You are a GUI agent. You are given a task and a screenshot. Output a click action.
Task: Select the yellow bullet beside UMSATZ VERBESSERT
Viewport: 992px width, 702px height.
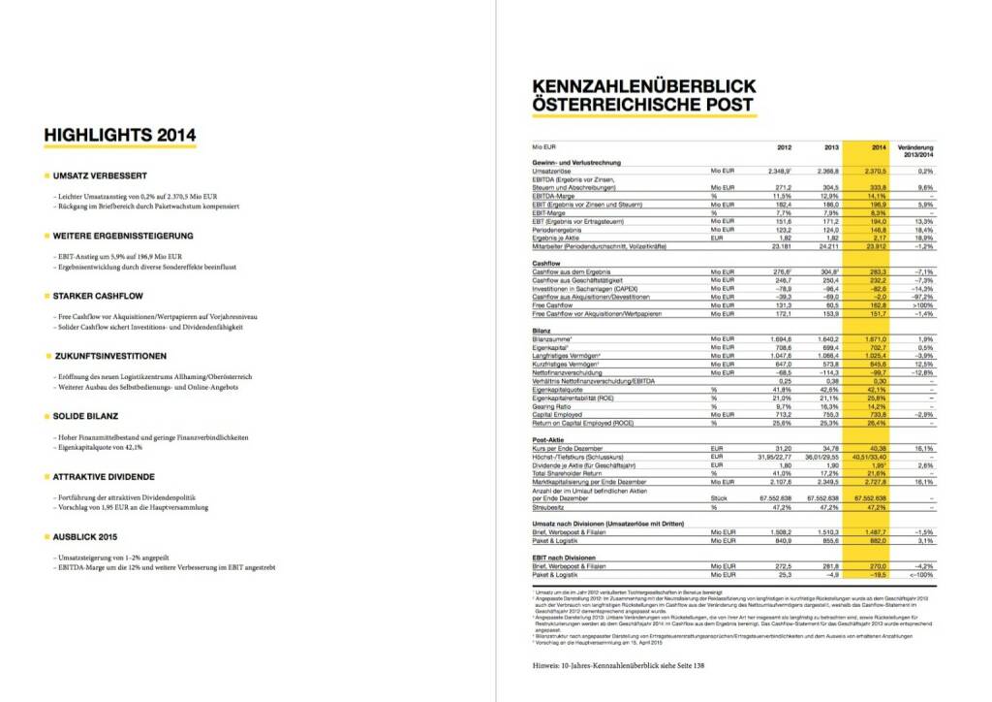pos(47,175)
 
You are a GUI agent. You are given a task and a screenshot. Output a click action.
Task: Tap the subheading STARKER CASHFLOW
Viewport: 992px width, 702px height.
pos(100,296)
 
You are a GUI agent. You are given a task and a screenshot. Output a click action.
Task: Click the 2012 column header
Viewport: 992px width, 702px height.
pos(785,147)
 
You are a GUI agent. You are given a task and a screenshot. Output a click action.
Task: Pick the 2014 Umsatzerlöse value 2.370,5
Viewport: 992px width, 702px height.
pos(874,170)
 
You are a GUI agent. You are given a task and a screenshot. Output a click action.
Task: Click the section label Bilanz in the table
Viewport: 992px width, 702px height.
pos(542,330)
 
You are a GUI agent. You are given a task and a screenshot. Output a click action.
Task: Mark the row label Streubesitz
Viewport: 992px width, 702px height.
pos(551,506)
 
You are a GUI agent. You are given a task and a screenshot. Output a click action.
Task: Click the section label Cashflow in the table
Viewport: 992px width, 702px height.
pos(547,263)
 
